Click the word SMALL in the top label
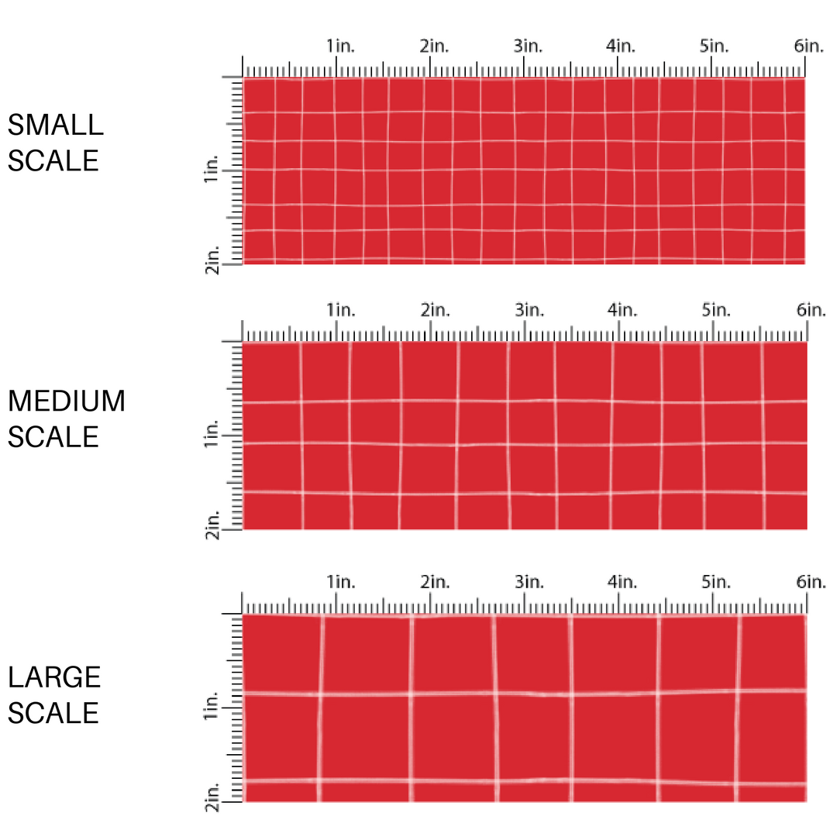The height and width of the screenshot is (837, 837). pos(55,125)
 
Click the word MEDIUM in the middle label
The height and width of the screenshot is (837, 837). pos(66,401)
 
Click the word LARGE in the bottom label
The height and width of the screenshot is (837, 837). pos(54,677)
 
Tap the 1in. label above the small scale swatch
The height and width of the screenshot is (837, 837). pos(340,46)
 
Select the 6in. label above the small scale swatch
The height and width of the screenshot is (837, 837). pos(808,46)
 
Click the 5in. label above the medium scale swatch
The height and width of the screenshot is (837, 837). pos(716,310)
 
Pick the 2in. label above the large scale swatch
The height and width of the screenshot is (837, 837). pos(435,582)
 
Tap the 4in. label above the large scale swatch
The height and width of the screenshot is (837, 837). pos(621,582)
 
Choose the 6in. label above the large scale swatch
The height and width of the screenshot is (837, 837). pos(808,582)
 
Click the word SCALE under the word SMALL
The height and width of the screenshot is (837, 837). pos(53,160)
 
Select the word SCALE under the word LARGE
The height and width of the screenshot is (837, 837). pos(53,713)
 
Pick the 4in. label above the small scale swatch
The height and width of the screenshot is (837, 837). pos(621,46)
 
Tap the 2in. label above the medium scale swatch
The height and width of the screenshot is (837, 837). pos(435,310)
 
